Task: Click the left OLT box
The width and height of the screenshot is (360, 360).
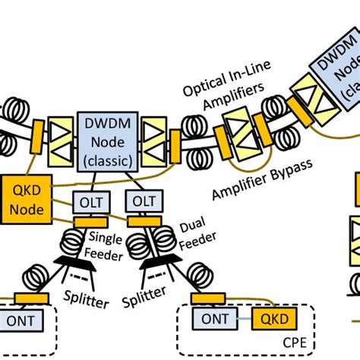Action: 88,203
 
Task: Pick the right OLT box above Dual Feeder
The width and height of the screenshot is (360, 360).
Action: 141,203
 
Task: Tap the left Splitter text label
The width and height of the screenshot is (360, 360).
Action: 85,302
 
